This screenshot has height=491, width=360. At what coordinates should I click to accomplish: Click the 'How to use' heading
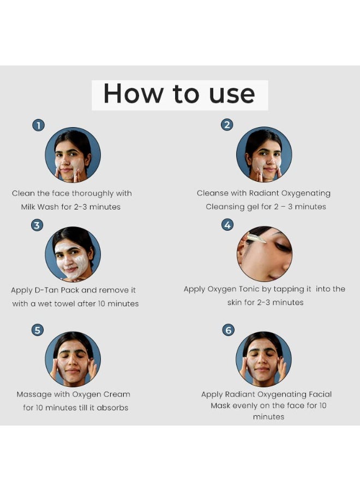[179, 94]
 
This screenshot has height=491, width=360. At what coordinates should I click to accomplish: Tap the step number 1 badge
[39, 125]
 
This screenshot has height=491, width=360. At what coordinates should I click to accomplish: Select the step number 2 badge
[227, 124]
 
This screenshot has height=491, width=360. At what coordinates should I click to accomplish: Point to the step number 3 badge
[37, 225]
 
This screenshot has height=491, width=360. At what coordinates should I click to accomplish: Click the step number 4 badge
[227, 225]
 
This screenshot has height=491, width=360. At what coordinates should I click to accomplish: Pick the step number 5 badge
[38, 330]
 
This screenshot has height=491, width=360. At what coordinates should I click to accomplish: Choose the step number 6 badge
[228, 330]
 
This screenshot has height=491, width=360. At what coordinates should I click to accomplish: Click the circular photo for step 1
[73, 155]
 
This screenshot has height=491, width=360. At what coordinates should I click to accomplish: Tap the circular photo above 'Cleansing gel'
[264, 154]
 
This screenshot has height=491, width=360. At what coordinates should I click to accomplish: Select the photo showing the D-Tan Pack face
[73, 254]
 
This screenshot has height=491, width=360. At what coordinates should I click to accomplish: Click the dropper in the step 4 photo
[256, 238]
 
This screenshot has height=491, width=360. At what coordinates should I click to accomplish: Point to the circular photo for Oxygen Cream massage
[73, 359]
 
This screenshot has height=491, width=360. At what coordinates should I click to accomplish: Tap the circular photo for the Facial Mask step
[263, 359]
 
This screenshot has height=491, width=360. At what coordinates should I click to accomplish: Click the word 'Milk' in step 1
[28, 207]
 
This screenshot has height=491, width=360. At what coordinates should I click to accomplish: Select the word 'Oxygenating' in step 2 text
[305, 194]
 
